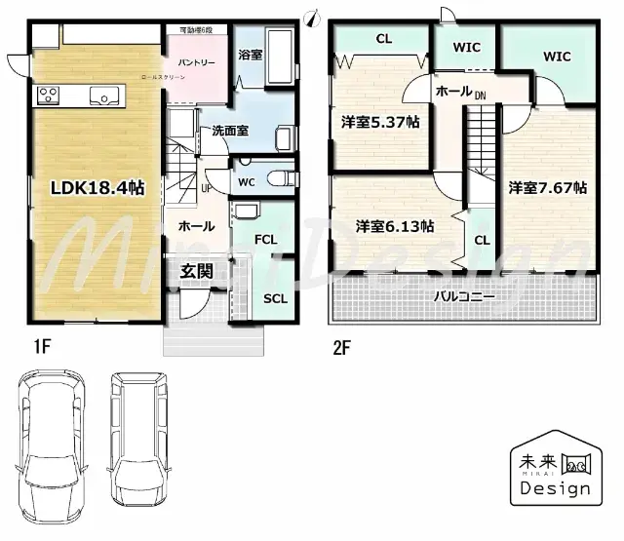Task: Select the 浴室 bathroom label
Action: pyautogui.click(x=251, y=55)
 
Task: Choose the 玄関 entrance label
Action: pyautogui.click(x=197, y=271)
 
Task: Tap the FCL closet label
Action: pyautogui.click(x=265, y=239)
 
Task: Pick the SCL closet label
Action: pyautogui.click(x=276, y=298)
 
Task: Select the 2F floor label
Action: pyautogui.click(x=340, y=345)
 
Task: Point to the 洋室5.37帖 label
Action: pyautogui.click(x=380, y=123)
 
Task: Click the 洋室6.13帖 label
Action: pyautogui.click(x=395, y=226)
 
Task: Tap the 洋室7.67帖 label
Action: pyautogui.click(x=547, y=187)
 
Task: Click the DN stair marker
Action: pyautogui.click(x=481, y=96)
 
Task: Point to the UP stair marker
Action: pyautogui.click(x=207, y=188)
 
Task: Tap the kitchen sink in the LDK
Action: pyautogui.click(x=103, y=96)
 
